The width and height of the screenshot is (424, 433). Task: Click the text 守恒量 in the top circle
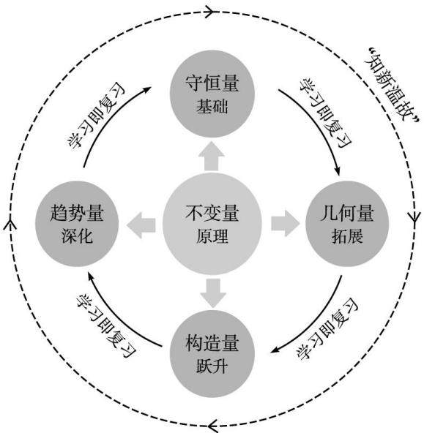(x=212, y=83)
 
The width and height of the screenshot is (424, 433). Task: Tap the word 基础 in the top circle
(x=212, y=106)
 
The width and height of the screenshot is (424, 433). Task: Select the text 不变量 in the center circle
(x=212, y=213)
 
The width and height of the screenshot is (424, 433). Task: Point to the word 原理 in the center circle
(x=212, y=236)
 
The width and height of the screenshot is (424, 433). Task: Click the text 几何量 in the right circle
(x=347, y=213)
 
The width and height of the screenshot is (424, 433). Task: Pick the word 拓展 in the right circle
(x=347, y=236)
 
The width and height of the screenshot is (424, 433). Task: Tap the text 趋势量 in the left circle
(x=77, y=213)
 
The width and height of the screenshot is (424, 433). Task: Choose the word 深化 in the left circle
(x=77, y=236)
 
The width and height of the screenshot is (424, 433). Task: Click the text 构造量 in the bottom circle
(x=212, y=343)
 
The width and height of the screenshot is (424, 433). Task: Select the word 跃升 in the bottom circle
(x=212, y=366)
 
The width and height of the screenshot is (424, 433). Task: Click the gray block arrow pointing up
(x=212, y=156)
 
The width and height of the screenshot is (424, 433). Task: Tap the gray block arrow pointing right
(x=286, y=224)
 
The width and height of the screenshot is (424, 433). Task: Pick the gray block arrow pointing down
(x=213, y=293)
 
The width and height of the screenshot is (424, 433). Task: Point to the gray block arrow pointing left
(x=141, y=225)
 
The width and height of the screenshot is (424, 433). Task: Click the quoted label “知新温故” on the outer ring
(x=393, y=85)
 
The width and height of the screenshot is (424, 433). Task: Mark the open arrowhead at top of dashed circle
(x=211, y=12)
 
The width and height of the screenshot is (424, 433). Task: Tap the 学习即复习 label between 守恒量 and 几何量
(x=325, y=113)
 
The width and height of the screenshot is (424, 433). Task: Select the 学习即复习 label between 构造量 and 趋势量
(x=106, y=326)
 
